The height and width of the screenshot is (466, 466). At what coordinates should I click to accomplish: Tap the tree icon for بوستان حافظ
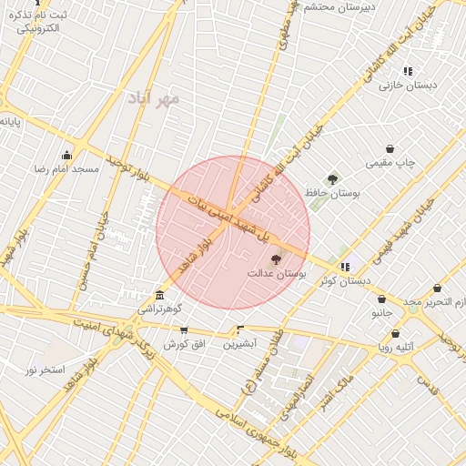(332, 180)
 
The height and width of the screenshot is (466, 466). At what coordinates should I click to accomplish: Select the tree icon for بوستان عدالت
(277, 260)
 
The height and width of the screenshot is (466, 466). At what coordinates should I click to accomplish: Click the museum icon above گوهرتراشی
(160, 296)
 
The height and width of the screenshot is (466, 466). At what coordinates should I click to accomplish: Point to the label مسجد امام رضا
(66, 170)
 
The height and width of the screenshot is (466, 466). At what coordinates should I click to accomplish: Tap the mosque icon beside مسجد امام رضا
(66, 155)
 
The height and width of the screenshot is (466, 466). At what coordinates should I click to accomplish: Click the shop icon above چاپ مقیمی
(390, 148)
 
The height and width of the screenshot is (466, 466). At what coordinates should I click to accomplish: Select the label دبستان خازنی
(408, 86)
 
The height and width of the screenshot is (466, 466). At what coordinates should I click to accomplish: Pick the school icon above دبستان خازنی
(408, 71)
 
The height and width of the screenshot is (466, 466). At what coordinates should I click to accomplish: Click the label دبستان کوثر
(345, 280)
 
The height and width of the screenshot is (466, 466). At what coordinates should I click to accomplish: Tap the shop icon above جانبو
(380, 298)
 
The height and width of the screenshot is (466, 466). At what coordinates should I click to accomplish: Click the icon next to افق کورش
(185, 330)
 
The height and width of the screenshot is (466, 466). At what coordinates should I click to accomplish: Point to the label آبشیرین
(241, 344)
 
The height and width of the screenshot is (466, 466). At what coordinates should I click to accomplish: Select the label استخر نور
(45, 370)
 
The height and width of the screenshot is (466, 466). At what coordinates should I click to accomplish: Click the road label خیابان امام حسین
(96, 250)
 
